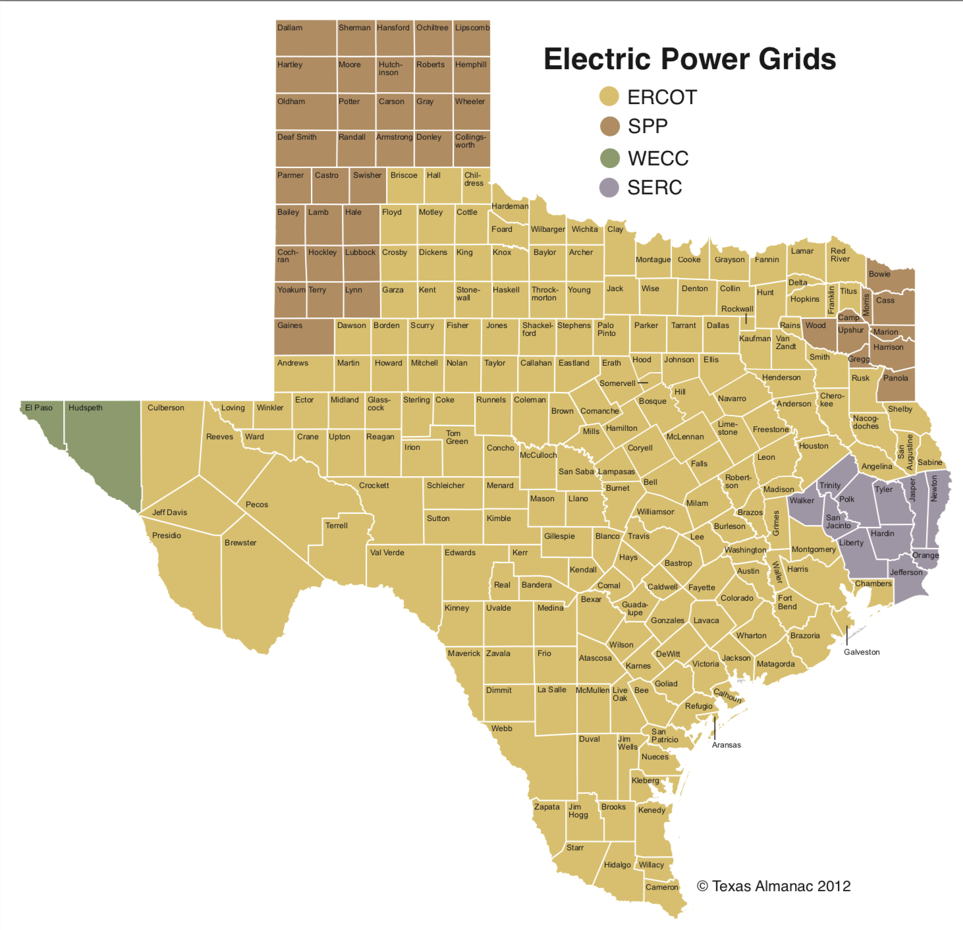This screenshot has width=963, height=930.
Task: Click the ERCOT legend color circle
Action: [x=609, y=97]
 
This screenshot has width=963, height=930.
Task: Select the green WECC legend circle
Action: [x=610, y=158]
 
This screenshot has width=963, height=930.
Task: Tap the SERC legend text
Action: [x=654, y=188]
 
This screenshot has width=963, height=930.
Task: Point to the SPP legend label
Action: [x=647, y=126]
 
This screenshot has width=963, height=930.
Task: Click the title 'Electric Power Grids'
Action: [x=689, y=59]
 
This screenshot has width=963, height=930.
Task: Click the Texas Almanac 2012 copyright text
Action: [x=773, y=886]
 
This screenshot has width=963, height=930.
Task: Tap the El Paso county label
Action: [x=39, y=408]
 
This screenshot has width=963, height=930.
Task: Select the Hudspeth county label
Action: [x=86, y=408]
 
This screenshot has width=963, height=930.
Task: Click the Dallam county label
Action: [x=290, y=28]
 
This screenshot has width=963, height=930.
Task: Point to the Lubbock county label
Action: [x=360, y=252]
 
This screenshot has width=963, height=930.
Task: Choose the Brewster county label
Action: [x=240, y=543]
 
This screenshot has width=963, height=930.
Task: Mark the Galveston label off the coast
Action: [x=862, y=652]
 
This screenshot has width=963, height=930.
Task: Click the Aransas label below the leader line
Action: [x=727, y=745]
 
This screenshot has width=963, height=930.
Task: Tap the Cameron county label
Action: [x=661, y=887]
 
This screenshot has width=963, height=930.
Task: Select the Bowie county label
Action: [x=879, y=274]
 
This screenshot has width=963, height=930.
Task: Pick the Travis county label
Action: [x=638, y=536]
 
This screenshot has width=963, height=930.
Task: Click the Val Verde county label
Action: [x=387, y=553]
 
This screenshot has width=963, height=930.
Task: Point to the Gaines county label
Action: [x=290, y=325]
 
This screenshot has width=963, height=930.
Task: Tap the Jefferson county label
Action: [x=906, y=572]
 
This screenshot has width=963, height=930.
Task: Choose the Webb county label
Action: [x=501, y=728]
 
